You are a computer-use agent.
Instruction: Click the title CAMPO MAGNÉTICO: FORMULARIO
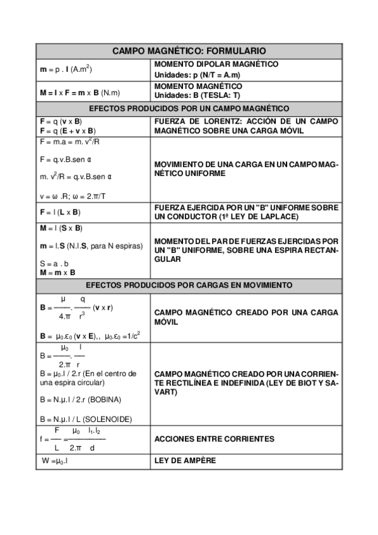tap(189, 50)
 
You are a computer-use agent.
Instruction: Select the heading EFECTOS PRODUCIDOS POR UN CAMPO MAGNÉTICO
tap(189, 109)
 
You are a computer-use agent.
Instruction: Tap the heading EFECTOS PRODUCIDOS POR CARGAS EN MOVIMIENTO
tap(189, 285)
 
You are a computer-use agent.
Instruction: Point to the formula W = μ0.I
tap(55, 461)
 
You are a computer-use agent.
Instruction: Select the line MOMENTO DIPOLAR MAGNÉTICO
tap(216, 64)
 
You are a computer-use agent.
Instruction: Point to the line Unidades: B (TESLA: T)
tap(197, 95)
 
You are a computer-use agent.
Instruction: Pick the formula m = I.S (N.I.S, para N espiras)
tap(91, 245)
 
